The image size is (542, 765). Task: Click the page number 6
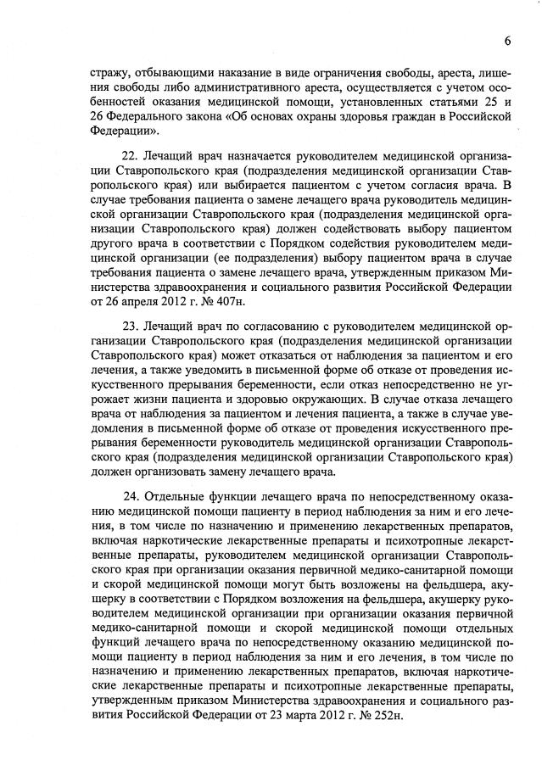(506, 41)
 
